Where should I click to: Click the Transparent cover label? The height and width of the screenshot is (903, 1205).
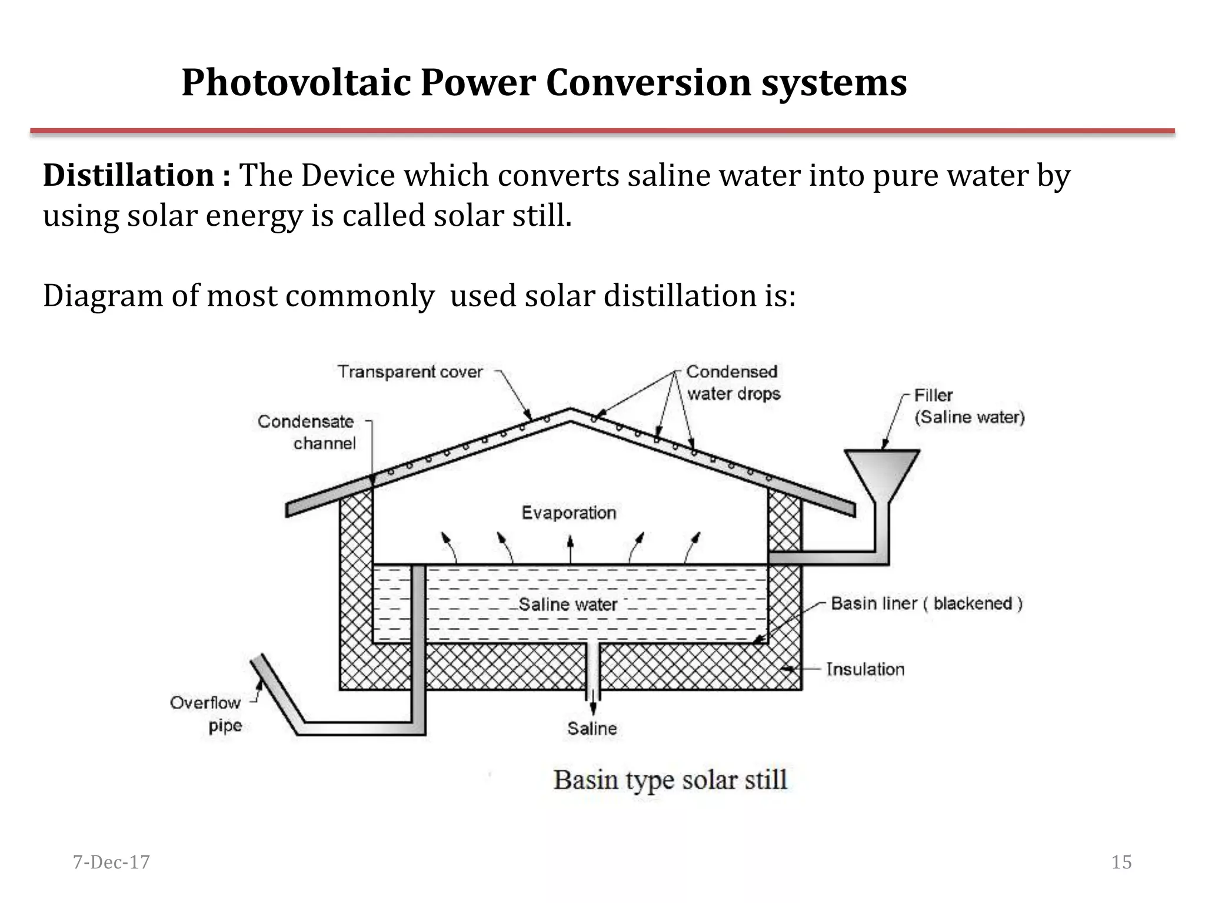410,372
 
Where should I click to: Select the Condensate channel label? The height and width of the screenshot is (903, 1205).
307,432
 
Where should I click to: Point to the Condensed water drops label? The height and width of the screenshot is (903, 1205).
733,383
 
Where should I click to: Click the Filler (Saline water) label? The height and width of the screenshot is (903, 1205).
969,406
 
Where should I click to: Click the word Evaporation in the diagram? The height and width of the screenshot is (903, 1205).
568,513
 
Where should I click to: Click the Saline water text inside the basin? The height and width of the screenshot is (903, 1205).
568,604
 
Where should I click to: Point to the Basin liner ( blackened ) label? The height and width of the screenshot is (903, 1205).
926,604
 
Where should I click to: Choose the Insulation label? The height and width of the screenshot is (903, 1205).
865,669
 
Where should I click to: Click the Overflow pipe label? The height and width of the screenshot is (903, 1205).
205,714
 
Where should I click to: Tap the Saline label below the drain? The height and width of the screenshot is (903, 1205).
592,729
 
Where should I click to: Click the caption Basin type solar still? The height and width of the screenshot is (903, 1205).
670,780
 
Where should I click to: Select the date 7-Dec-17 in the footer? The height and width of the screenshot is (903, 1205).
111,862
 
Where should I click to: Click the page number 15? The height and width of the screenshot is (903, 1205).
1121,862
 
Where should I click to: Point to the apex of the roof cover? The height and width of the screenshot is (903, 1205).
570,412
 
